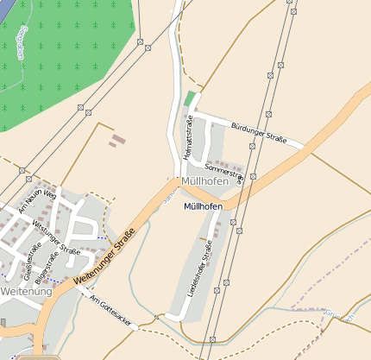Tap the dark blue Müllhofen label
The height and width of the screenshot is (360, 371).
204,207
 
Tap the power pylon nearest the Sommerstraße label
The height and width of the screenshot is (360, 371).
255,174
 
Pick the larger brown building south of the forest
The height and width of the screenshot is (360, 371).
118,139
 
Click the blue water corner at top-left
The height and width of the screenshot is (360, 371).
4,4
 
